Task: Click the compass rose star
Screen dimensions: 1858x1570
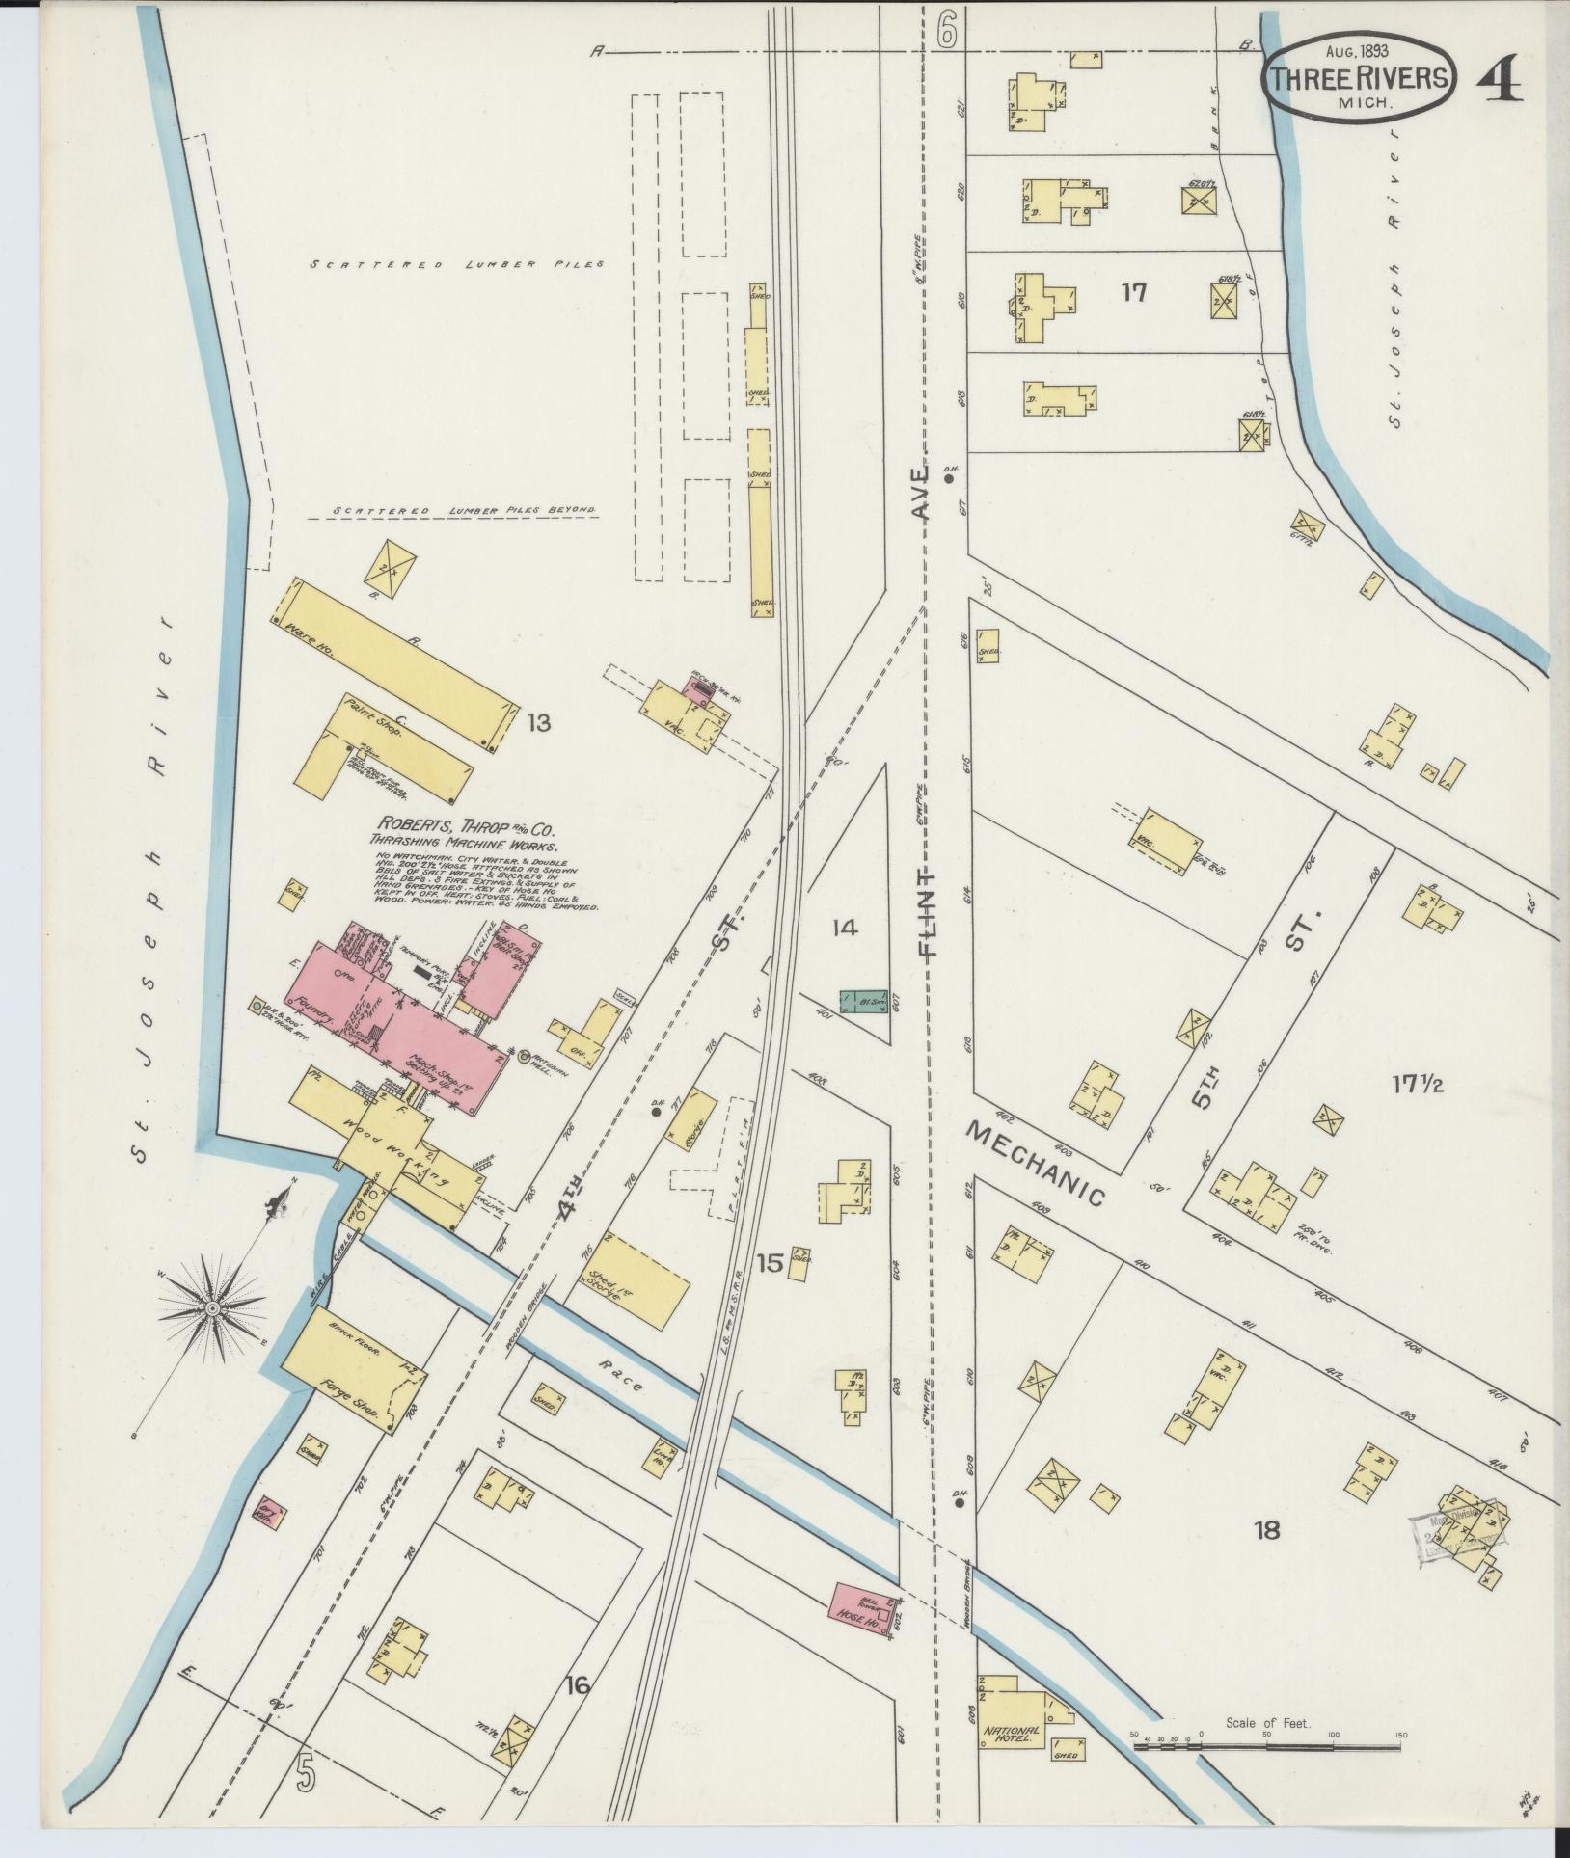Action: click(211, 1308)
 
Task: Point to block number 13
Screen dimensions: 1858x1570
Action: click(538, 721)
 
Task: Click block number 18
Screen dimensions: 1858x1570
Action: click(1266, 1529)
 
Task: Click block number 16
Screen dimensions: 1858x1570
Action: click(578, 1685)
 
